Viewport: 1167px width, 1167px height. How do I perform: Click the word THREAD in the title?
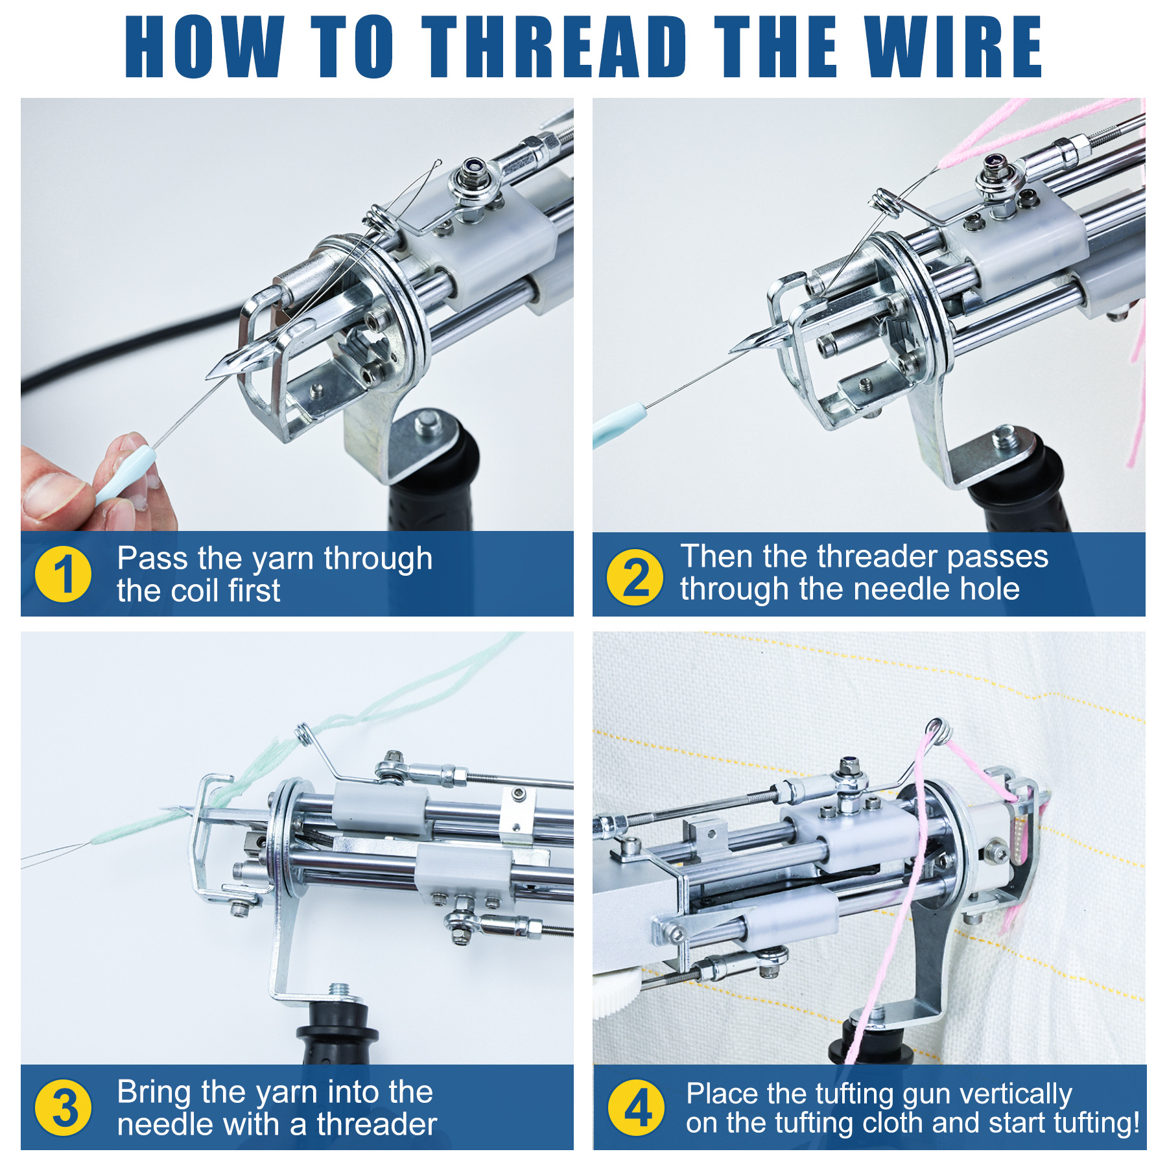coord(554,47)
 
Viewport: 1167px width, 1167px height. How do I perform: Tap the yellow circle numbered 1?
coord(63,574)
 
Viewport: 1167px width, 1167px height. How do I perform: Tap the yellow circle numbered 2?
coord(635,576)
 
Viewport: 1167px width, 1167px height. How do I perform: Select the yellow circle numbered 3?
coord(63,1107)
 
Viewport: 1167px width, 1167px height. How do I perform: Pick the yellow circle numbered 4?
coord(636,1107)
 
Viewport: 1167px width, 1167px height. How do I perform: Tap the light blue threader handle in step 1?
coord(127,475)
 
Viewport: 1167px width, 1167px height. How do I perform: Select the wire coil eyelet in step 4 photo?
coord(938,729)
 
